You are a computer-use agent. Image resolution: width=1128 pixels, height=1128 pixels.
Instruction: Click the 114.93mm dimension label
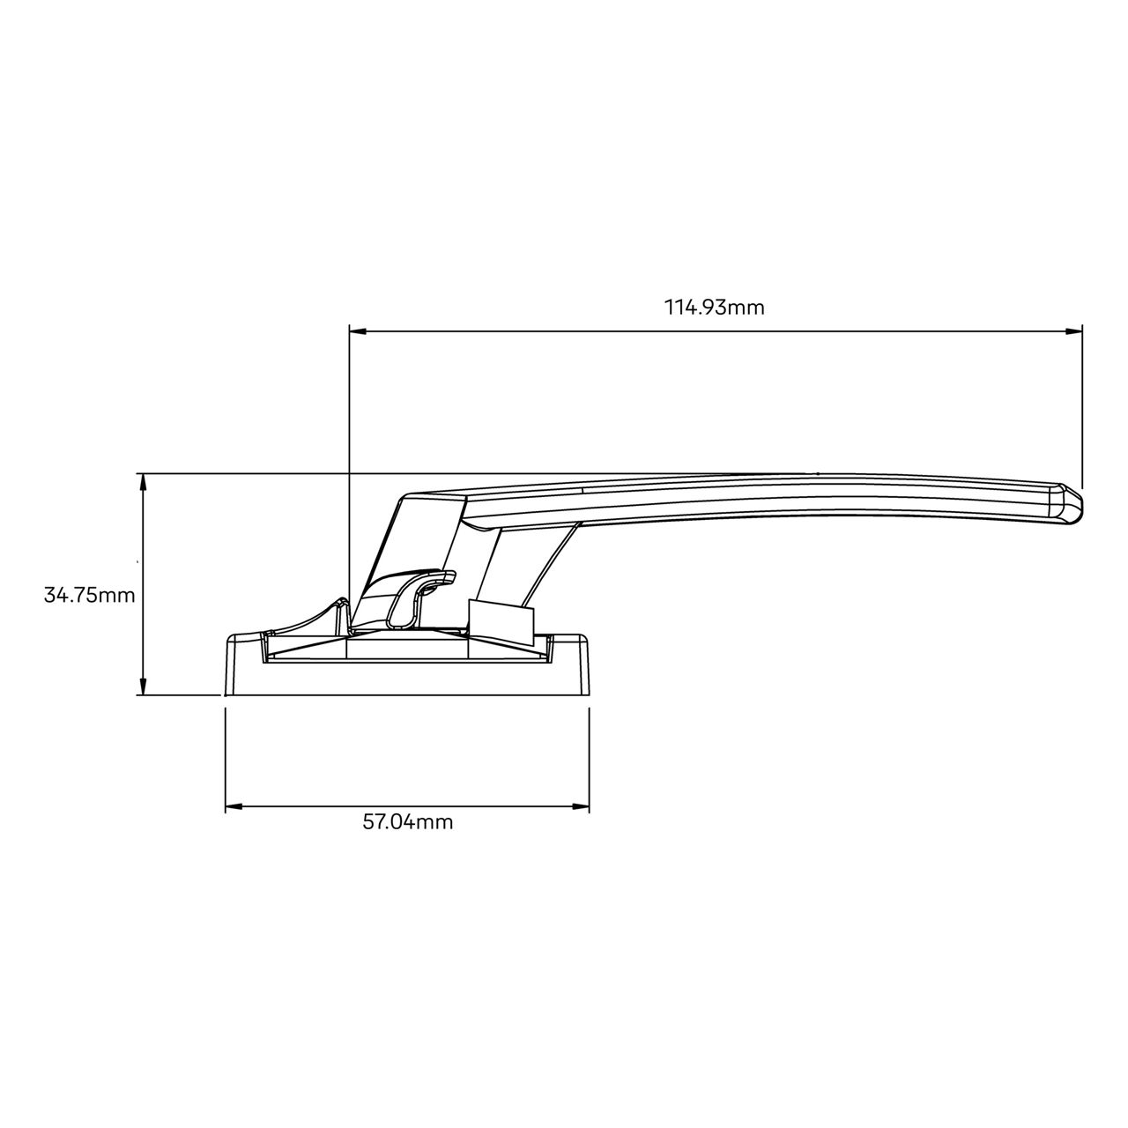coord(714,308)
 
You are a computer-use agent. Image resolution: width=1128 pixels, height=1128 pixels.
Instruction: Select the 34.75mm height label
coord(89,595)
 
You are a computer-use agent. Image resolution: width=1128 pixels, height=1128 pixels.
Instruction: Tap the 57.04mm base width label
coord(408,822)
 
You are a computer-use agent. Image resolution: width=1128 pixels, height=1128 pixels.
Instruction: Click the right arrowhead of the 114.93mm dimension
coord(1075,331)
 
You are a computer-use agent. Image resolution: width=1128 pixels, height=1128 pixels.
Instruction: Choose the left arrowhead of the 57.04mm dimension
coord(233,805)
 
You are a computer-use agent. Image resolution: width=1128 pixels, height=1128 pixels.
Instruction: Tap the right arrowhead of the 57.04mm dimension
coord(583,805)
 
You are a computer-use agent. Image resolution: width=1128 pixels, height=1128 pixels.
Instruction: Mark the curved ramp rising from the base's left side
coord(308,617)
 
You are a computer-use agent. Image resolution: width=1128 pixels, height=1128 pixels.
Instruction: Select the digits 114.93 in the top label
coord(693,308)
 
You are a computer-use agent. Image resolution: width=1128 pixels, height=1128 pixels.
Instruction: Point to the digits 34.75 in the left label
coord(70,595)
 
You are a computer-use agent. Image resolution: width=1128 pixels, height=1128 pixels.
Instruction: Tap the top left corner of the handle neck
coord(404,498)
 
